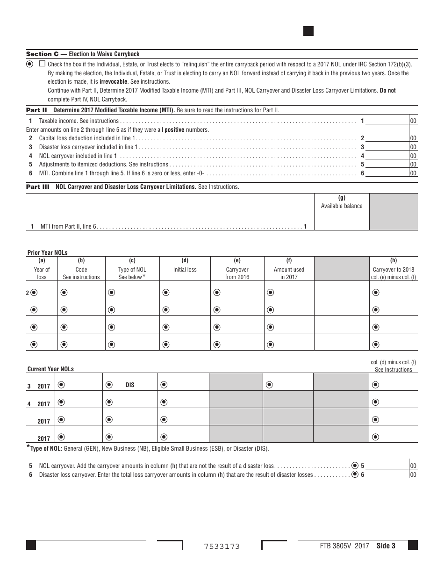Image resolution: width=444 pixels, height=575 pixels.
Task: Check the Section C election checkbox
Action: click(42, 64)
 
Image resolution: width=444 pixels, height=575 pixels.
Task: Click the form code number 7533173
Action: click(222, 546)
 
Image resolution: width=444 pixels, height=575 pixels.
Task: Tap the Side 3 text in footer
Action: click(386, 546)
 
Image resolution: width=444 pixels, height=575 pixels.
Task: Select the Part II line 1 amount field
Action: click(387, 121)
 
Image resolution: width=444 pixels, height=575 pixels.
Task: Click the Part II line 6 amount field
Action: click(387, 173)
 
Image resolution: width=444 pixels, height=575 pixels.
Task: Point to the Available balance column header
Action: click(342, 206)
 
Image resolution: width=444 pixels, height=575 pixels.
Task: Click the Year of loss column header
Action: click(42, 273)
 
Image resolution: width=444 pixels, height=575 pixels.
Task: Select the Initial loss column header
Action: click(185, 269)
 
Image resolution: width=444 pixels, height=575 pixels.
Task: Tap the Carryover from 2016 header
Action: click(237, 273)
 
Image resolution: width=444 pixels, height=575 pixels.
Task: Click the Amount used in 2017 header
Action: click(289, 273)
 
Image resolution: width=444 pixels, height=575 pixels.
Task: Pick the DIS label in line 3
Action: click(129, 385)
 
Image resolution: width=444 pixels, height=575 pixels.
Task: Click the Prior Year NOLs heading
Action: click(47, 252)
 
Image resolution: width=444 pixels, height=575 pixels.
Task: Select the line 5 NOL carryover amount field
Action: click(387, 466)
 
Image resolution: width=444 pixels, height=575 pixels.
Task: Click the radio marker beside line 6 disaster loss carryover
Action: click(355, 474)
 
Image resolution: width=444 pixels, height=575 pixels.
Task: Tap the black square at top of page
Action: click(308, 31)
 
